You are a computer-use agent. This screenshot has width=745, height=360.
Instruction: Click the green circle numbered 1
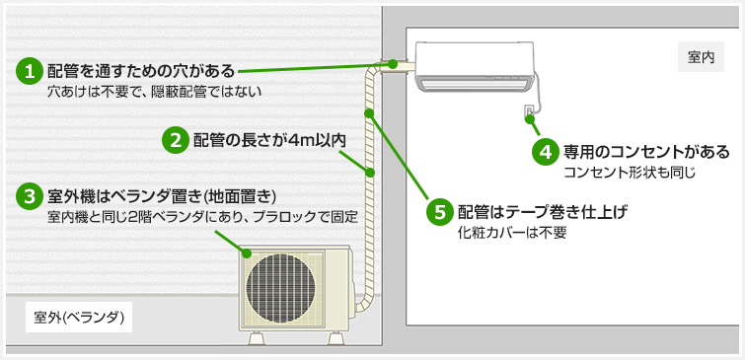31,71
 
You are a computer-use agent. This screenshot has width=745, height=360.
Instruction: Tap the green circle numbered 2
175,139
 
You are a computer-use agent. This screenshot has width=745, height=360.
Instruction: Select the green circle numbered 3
31,195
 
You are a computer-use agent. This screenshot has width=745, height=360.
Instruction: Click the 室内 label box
701,58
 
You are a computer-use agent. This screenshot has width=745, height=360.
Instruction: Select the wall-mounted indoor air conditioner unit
475,70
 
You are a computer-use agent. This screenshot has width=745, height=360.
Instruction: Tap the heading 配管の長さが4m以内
268,139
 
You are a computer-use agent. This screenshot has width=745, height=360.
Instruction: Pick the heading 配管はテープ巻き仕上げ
543,212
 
